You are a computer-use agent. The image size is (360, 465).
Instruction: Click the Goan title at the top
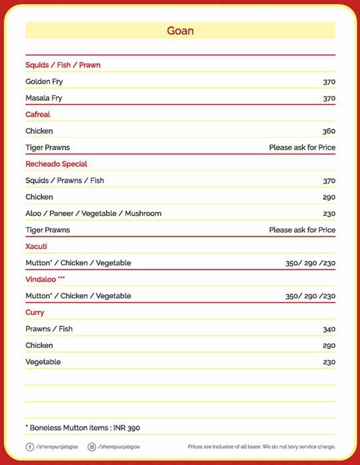point(180,31)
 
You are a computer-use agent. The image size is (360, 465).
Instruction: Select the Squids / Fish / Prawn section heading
point(62,65)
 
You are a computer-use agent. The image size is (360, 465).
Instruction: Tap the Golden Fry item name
point(44,82)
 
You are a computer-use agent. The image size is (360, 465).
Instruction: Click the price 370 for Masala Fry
point(329,98)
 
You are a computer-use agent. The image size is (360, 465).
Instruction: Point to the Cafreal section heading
point(38,114)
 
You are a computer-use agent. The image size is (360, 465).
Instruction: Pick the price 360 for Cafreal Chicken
point(329,131)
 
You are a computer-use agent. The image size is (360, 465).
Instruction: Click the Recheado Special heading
point(56,164)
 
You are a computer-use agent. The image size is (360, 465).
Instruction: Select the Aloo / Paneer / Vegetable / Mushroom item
point(93,213)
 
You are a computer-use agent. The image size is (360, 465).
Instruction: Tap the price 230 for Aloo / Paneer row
point(329,213)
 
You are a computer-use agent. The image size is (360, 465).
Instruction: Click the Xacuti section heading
point(36,246)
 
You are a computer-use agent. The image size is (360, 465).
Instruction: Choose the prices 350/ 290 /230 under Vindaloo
point(310,296)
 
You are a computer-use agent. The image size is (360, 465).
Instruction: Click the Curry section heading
point(35,312)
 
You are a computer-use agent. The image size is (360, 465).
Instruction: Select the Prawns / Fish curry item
point(49,329)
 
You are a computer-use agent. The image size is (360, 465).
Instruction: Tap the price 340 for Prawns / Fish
point(329,329)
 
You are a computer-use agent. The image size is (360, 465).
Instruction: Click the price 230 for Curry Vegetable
point(329,361)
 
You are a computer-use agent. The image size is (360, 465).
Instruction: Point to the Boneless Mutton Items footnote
point(82,428)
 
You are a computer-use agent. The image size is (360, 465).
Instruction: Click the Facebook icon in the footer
point(30,447)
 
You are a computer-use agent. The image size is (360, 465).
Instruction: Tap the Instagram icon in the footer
point(92,447)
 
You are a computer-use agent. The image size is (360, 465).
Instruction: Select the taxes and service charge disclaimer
point(261,447)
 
